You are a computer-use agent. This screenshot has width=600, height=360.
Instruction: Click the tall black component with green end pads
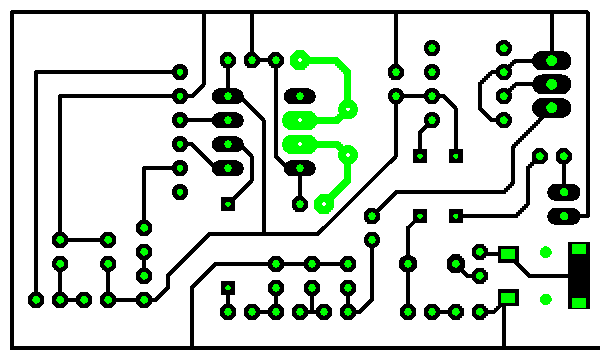click(x=578, y=276)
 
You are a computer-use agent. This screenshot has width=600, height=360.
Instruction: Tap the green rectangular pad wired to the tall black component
click(x=508, y=254)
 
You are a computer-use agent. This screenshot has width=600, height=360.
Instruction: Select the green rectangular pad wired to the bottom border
click(x=508, y=298)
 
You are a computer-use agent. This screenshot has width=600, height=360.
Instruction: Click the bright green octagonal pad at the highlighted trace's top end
click(x=300, y=60)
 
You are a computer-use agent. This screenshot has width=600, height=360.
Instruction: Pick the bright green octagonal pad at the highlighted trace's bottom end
click(x=324, y=204)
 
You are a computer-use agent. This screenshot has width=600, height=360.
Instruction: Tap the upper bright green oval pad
click(x=300, y=120)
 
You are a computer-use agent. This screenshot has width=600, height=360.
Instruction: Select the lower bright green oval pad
click(x=300, y=144)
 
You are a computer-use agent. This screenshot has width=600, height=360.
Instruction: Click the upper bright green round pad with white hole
click(x=348, y=109)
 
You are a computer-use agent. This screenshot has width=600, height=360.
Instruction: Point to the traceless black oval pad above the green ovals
click(x=300, y=96)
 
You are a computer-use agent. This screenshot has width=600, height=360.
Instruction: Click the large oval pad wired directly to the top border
click(x=552, y=60)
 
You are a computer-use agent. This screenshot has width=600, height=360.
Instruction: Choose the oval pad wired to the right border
click(x=564, y=216)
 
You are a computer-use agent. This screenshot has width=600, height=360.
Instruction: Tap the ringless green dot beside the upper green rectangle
click(x=546, y=252)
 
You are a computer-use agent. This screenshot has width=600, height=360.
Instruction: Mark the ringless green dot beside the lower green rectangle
click(x=546, y=299)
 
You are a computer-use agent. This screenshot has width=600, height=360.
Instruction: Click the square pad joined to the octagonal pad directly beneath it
click(x=228, y=288)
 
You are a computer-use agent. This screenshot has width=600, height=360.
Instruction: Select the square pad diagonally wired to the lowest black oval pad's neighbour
click(x=228, y=204)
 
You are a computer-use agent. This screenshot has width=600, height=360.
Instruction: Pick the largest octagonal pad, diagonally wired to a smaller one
click(x=456, y=264)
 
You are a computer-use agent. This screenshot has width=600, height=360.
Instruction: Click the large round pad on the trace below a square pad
click(x=408, y=264)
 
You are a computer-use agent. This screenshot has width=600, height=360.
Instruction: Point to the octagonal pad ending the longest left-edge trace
click(x=36, y=300)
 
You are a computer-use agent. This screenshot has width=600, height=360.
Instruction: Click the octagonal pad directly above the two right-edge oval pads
click(x=564, y=156)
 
